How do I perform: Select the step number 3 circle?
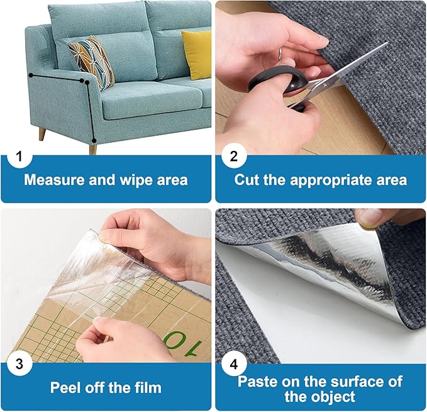pyautogui.click(x=20, y=364)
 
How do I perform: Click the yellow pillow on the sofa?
pyautogui.click(x=197, y=54)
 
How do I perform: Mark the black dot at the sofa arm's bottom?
pyautogui.click(x=94, y=140)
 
